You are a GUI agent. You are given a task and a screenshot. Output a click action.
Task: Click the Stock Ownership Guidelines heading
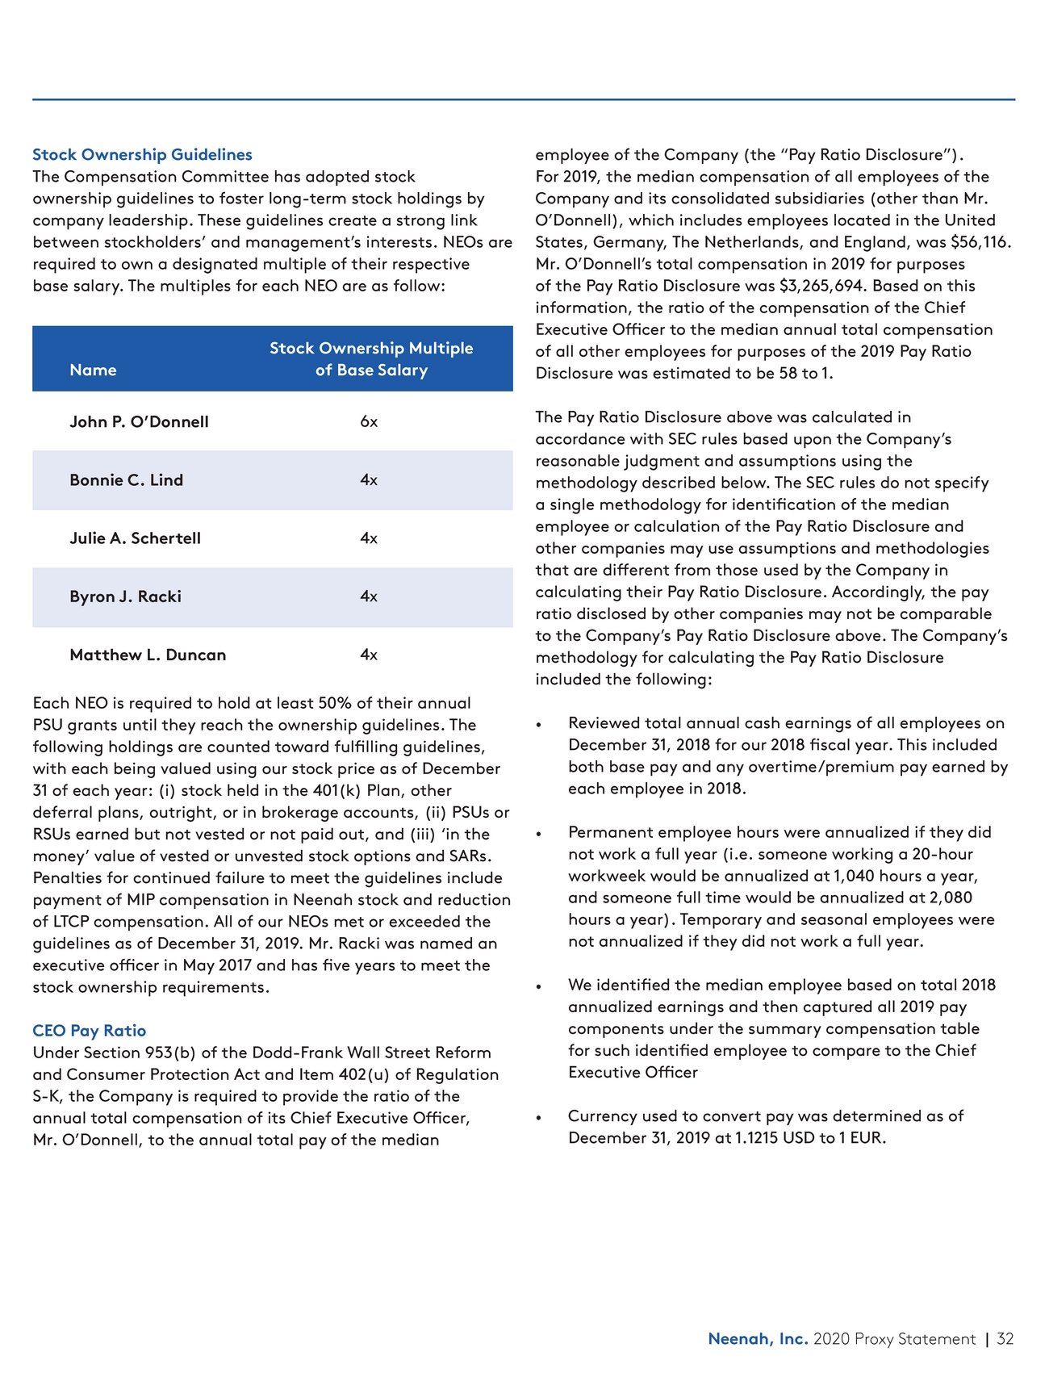142,154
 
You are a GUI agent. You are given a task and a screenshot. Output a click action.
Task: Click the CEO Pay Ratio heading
89,1031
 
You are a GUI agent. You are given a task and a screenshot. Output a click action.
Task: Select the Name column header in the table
93,370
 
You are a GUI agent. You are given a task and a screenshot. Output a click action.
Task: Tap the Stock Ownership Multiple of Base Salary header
371,359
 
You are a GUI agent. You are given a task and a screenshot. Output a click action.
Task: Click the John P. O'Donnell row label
139,421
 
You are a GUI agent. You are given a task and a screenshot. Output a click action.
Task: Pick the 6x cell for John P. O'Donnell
369,421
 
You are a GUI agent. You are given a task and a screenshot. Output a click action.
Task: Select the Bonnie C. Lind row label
126,480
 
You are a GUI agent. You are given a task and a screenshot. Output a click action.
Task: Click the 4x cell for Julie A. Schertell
369,538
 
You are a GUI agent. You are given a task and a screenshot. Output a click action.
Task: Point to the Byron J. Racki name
125,596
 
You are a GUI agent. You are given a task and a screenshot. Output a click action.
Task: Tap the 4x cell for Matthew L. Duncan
369,655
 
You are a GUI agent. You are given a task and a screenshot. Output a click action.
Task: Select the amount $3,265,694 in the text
822,286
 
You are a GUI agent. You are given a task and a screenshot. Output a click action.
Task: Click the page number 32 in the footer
1005,1339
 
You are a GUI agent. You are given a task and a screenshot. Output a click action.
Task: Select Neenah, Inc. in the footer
758,1339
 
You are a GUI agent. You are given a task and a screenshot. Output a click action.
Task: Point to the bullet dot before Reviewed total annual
539,725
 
